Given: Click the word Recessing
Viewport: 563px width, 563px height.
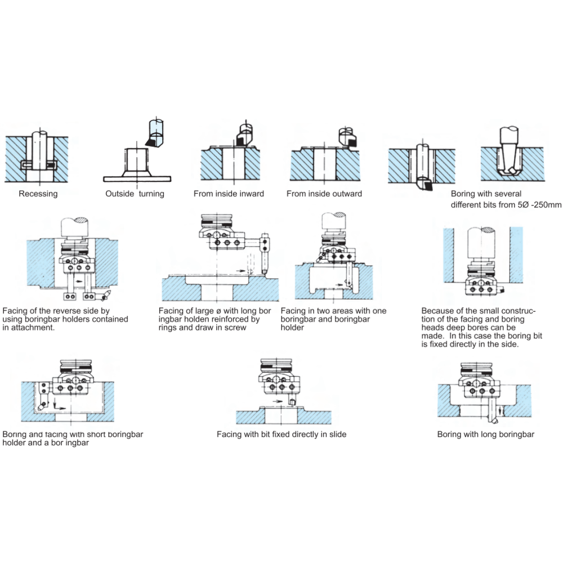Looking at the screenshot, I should click(x=38, y=194).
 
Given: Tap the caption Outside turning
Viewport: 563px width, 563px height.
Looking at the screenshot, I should click(x=135, y=194).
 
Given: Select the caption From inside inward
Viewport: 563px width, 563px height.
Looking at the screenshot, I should click(x=229, y=194).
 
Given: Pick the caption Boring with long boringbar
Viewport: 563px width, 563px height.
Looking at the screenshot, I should click(x=486, y=434).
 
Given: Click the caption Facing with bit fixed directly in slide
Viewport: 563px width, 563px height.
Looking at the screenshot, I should click(x=281, y=434).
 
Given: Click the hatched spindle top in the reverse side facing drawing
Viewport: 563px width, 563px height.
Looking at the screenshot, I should click(x=75, y=221).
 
